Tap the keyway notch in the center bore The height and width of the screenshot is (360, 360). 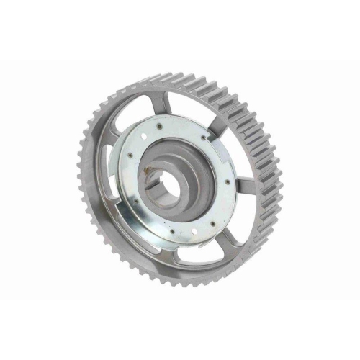160,173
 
